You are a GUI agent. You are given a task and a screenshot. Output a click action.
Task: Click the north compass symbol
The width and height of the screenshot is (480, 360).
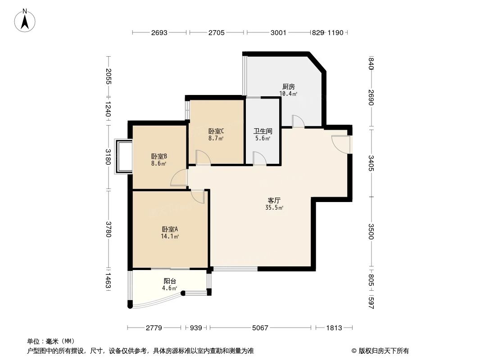pyautogui.click(x=26, y=20)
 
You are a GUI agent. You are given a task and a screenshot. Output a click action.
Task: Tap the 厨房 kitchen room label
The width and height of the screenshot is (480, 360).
pyautogui.click(x=288, y=86)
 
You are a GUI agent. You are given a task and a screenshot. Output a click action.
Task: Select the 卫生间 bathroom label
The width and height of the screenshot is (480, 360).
pyautogui.click(x=263, y=131)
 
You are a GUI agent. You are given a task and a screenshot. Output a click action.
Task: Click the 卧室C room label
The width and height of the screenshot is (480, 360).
pyautogui.click(x=216, y=131)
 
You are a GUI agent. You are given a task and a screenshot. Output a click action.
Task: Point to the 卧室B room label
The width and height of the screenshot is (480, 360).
pyautogui.click(x=159, y=157)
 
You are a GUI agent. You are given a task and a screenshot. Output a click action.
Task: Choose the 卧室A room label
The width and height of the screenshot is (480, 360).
pyautogui.click(x=170, y=229)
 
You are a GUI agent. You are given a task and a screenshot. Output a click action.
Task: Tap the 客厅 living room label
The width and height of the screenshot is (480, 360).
pyautogui.click(x=274, y=200)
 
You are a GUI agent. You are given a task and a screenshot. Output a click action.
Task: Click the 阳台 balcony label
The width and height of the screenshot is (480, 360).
pyautogui.click(x=170, y=281)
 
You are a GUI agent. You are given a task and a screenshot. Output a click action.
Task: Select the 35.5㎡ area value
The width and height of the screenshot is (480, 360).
pyautogui.click(x=274, y=208)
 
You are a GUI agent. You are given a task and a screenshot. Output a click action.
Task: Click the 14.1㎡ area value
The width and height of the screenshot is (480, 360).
pyautogui.click(x=170, y=236)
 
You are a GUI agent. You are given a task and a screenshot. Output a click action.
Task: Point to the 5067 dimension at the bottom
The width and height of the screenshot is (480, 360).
pyautogui.click(x=260, y=328)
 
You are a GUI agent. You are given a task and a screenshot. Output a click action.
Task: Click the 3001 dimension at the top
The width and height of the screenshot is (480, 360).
pyautogui.click(x=278, y=32)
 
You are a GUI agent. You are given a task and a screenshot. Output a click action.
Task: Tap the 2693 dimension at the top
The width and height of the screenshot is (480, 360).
pyautogui.click(x=159, y=32)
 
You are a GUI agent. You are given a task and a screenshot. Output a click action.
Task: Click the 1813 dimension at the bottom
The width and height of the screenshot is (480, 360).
pyautogui.click(x=334, y=328)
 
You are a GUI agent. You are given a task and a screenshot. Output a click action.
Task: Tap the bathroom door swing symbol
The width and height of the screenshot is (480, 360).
pyautogui.click(x=259, y=158)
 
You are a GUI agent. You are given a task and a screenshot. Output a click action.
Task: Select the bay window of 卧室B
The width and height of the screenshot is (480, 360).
pyautogui.click(x=124, y=156)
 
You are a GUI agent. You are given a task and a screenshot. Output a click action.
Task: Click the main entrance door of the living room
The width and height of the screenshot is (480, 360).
pyautogui.click(x=340, y=143)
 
